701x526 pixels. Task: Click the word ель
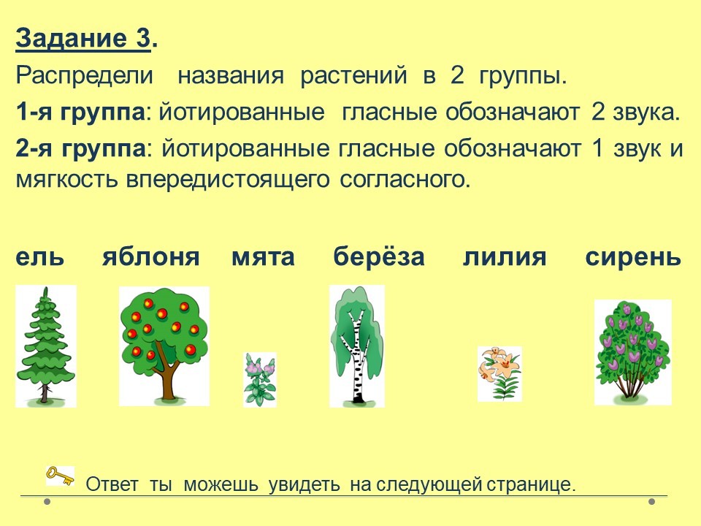39,256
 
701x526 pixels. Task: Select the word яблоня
150,256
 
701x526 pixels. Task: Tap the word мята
263,256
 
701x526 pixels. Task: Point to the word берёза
379,256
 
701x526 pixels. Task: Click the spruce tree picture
45,346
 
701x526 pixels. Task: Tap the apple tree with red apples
164,346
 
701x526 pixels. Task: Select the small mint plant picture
260,380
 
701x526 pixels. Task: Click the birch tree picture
357,346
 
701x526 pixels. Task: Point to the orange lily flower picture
499,374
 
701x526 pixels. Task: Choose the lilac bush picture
632,352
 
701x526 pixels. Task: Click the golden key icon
60,476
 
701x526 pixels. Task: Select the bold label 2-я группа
80,149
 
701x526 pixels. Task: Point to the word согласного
405,180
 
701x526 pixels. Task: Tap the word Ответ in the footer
112,484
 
